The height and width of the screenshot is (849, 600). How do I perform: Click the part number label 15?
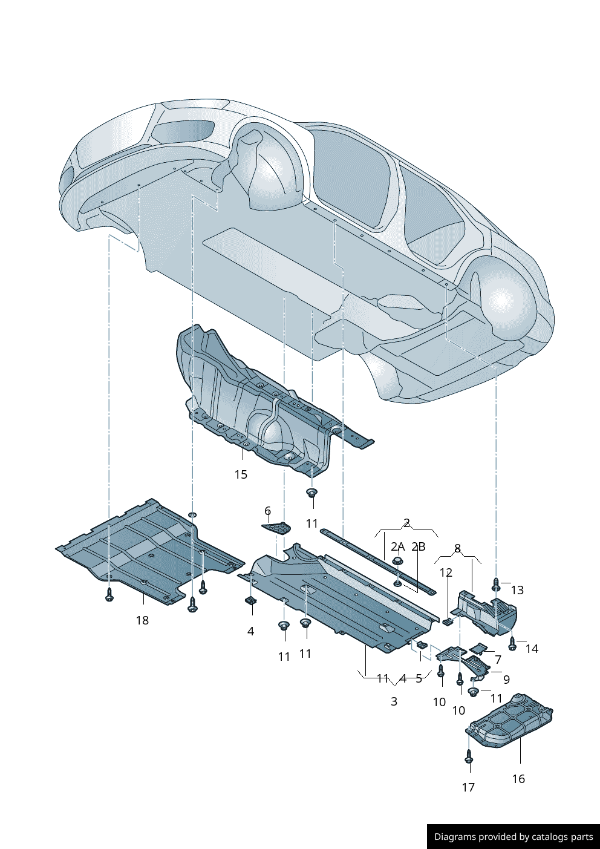coord(241,474)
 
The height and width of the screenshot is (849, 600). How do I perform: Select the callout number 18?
coord(142,620)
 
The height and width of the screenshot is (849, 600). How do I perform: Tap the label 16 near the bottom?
coord(518,779)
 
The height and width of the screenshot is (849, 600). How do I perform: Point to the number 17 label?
coord(468,787)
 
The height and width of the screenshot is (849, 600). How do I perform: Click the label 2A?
coord(397,546)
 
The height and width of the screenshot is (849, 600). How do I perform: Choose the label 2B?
coord(419,546)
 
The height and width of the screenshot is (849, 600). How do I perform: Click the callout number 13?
coord(517,590)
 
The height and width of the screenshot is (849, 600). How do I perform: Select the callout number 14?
coord(532,649)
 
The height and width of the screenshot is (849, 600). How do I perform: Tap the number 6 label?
coord(267,511)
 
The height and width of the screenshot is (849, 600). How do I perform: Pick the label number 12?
coord(446,572)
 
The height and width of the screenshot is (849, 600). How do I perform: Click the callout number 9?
coord(506,680)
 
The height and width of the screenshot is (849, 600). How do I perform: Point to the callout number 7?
coord(498,660)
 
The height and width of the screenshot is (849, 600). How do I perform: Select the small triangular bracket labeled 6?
coord(278,528)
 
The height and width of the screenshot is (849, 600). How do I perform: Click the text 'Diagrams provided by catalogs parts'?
coord(514,837)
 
